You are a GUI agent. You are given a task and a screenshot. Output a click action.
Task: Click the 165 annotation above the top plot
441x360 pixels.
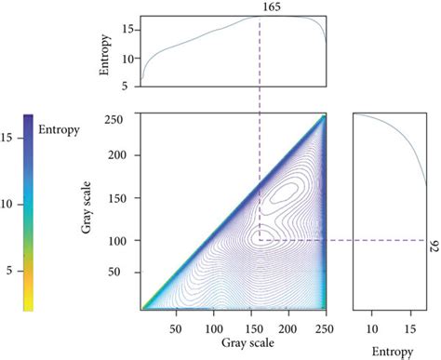pos(260,7)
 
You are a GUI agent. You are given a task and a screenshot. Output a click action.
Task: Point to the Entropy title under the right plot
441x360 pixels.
pos(388,351)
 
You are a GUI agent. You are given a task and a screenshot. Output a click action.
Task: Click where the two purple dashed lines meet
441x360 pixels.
pos(260,240)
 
